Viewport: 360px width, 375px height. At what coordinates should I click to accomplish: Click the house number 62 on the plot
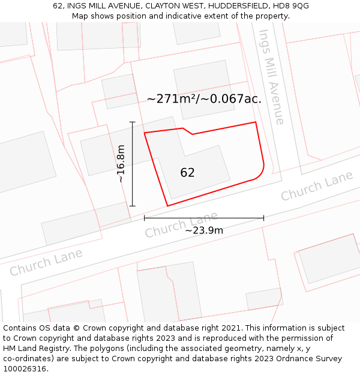[x=187, y=173]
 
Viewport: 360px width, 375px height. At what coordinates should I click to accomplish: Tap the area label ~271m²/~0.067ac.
[x=204, y=99]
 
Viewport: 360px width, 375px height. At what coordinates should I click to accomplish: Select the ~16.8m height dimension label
[x=121, y=163]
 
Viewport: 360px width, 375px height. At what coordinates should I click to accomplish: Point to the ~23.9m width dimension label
[x=204, y=230]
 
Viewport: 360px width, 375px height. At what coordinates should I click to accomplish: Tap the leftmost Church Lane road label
[x=46, y=262]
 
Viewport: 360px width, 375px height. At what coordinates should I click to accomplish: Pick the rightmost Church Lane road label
[x=317, y=187]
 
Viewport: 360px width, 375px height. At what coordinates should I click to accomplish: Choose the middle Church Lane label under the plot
[x=181, y=224]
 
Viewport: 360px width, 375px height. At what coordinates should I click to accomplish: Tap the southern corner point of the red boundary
[x=167, y=206]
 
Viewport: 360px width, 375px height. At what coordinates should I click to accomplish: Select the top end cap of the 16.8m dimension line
[x=133, y=122]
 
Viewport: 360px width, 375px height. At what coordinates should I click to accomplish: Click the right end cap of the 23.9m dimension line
[x=263, y=218]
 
